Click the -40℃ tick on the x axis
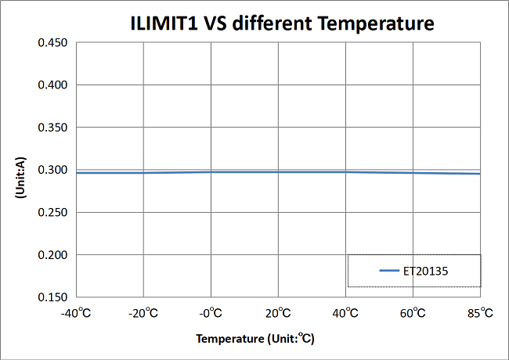(x=76, y=313)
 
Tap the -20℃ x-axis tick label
(x=143, y=313)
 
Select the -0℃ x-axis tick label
(x=211, y=313)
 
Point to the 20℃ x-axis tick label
(x=278, y=313)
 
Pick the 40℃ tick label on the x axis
(x=345, y=313)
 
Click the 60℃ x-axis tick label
(x=413, y=313)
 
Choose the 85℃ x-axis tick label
(x=480, y=313)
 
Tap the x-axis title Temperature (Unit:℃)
(x=255, y=340)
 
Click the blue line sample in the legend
(x=390, y=271)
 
